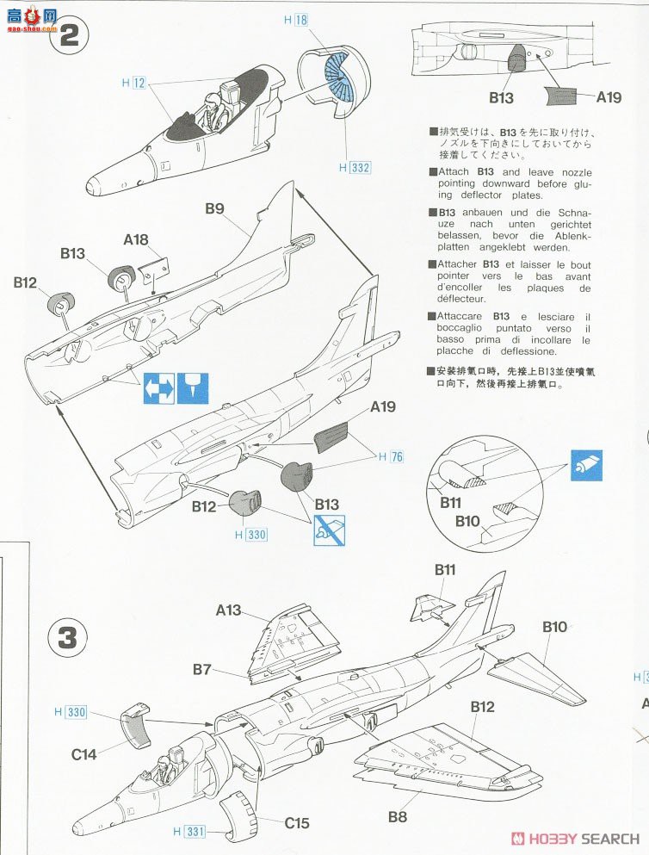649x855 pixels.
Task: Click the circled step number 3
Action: (69, 638)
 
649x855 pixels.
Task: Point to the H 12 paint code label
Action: (133, 83)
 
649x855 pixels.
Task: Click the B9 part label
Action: (214, 208)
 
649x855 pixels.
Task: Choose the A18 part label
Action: (135, 240)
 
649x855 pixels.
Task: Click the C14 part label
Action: (85, 754)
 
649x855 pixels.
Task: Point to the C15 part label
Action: (297, 823)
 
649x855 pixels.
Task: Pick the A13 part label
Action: (229, 610)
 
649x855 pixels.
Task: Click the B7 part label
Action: (201, 668)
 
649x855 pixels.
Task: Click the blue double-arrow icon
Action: (159, 388)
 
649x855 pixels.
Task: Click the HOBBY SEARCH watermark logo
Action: (575, 838)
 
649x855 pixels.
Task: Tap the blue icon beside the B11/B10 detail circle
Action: (587, 465)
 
